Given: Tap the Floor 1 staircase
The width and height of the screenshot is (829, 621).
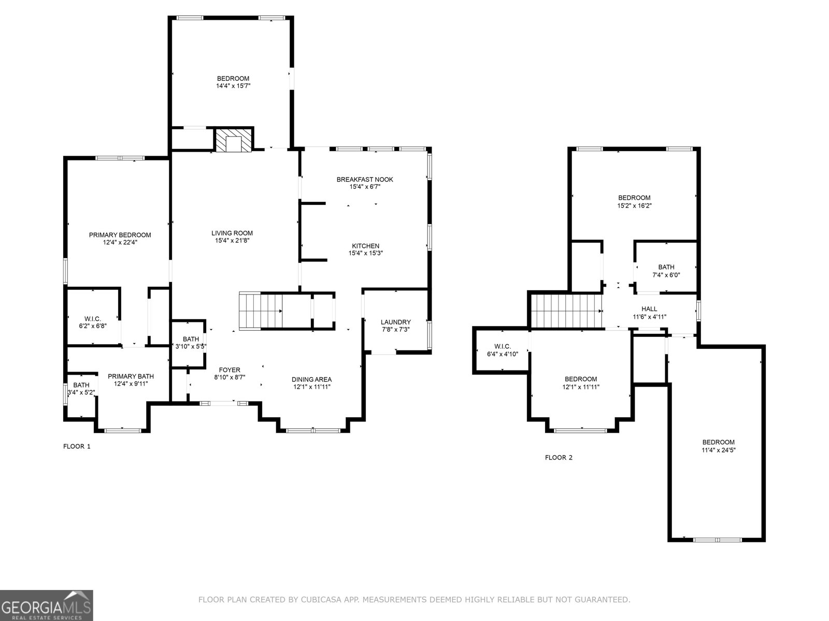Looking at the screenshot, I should click(261, 310).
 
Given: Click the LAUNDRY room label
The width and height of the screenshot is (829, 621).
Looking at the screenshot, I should click(395, 322).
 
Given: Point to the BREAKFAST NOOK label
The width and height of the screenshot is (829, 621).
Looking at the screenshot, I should click(365, 180).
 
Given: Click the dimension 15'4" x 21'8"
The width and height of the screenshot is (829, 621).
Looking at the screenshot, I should click(232, 241).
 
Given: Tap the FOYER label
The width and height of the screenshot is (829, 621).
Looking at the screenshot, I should click(230, 370).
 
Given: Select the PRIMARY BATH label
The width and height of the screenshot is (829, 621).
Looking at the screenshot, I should click(131, 376).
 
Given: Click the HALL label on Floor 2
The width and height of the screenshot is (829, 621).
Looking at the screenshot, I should click(649, 309).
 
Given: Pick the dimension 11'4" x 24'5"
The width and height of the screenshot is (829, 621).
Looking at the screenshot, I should click(718, 450).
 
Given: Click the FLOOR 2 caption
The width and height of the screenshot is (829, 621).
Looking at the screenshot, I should click(559, 457).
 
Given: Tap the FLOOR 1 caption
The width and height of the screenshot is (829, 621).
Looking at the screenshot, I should click(77, 446).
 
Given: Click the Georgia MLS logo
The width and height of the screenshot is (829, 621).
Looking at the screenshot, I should click(47, 605).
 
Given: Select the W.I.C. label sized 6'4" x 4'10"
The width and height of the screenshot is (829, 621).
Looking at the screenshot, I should click(502, 346).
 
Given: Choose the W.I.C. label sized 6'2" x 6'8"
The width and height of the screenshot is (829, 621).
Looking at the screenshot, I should click(93, 319).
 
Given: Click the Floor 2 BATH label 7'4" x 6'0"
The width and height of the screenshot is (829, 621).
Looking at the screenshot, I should click(666, 267).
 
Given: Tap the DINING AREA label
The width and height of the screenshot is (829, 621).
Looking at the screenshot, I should click(311, 379).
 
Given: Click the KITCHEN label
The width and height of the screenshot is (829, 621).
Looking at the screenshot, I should click(365, 246).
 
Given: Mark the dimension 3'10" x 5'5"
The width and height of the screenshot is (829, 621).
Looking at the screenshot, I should click(191, 347).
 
